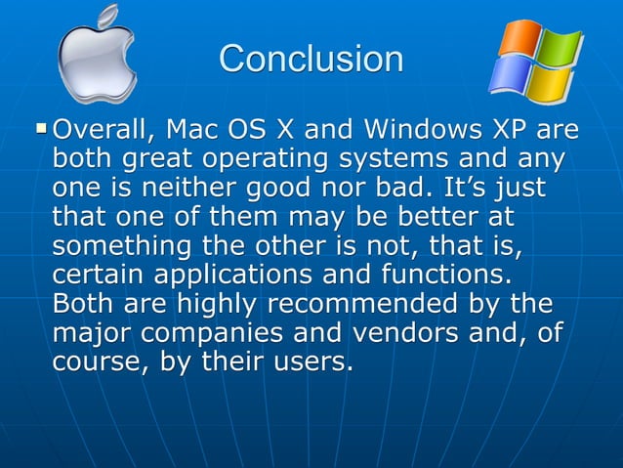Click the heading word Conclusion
coord(311,59)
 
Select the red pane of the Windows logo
coord(519,39)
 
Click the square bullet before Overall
coord(40,127)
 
